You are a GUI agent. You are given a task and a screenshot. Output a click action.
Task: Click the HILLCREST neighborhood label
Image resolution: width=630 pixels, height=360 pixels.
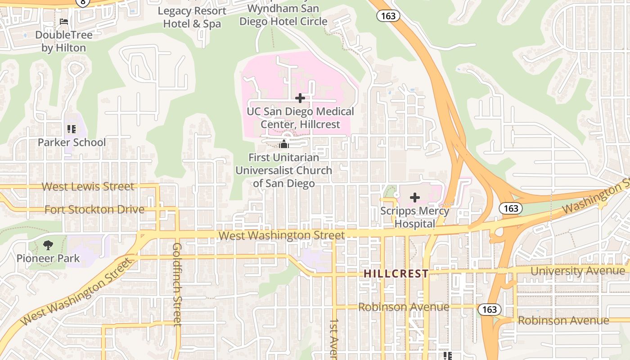(x=396, y=274)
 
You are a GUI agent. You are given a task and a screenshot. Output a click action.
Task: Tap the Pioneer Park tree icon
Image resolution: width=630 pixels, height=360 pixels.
(x=48, y=245)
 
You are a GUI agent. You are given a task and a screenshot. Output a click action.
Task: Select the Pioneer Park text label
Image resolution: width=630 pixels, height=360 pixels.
(x=48, y=258)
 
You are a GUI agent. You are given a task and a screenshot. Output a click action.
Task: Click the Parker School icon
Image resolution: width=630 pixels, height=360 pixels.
(x=71, y=130)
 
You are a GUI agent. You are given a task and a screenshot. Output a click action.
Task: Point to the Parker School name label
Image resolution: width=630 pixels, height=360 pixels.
(x=72, y=143)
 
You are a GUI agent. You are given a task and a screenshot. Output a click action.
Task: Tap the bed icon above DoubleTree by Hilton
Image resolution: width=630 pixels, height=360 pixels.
(x=64, y=22)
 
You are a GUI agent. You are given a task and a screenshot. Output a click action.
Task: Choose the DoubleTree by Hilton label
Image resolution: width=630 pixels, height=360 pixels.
(x=63, y=41)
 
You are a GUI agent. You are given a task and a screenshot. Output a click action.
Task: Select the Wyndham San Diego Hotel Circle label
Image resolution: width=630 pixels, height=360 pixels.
(x=283, y=15)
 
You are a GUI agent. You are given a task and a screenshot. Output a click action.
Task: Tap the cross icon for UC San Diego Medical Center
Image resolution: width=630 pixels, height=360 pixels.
(x=300, y=98)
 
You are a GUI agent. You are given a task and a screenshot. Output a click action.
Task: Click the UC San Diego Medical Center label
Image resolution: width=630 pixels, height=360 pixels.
(x=301, y=117)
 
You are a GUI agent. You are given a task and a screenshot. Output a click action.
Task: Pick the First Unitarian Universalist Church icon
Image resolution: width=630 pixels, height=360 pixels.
(x=283, y=144)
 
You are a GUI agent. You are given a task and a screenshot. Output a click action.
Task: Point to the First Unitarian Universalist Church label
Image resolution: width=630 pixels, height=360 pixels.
(x=283, y=171)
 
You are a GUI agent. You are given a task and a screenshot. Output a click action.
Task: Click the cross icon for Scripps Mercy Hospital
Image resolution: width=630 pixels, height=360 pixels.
(x=415, y=197)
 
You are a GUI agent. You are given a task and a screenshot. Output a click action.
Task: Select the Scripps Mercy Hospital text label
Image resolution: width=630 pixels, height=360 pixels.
(x=415, y=217)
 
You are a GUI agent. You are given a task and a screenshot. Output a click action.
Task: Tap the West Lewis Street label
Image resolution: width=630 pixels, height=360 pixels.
(x=88, y=186)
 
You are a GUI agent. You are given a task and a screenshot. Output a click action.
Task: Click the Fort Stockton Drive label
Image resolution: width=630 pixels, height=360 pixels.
(x=94, y=209)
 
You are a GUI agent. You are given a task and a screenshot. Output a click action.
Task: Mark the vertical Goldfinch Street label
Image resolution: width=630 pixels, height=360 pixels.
(x=177, y=284)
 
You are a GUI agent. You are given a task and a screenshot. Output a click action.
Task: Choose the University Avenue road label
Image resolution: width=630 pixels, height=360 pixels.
(x=578, y=271)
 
